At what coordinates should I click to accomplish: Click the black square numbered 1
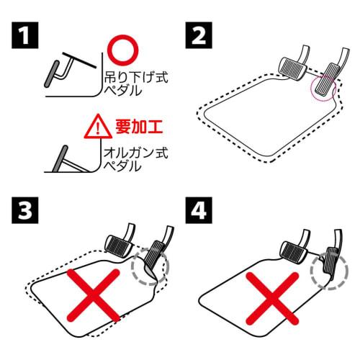pos(25,35)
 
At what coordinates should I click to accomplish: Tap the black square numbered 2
pos(199,35)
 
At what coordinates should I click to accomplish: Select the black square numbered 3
pos(25,210)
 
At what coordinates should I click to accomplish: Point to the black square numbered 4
pos(199,210)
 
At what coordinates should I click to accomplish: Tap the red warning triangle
pos(98,127)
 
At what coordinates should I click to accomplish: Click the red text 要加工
pos(139,127)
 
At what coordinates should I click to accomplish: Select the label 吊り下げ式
pos(136,78)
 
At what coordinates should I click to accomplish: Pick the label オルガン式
pos(135,153)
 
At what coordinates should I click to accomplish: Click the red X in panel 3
pos(93,295)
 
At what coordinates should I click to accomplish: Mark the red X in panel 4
pos(272,298)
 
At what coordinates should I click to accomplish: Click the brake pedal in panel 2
pos(292,68)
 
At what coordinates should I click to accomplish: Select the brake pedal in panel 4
pos(294,253)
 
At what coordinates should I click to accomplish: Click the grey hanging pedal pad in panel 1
pos(52,73)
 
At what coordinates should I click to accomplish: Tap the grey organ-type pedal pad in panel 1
pos(60,158)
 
